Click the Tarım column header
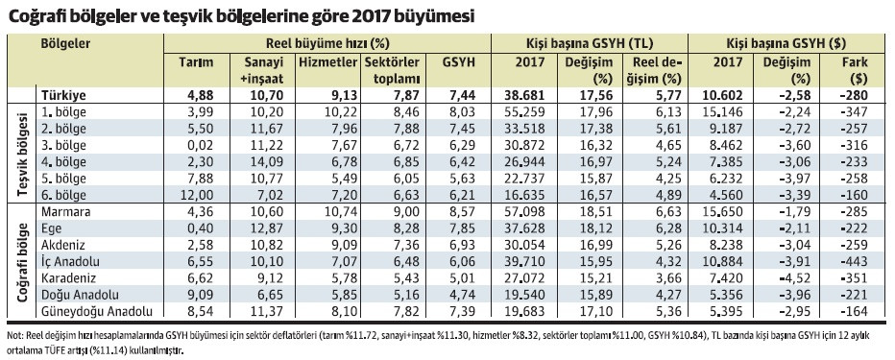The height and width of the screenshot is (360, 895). (x=196, y=62)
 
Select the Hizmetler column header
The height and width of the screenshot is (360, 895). (x=329, y=62)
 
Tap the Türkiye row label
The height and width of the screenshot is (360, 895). (x=62, y=96)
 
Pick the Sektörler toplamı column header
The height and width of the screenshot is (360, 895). (x=392, y=70)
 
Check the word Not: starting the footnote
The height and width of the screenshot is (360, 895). (x=15, y=334)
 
